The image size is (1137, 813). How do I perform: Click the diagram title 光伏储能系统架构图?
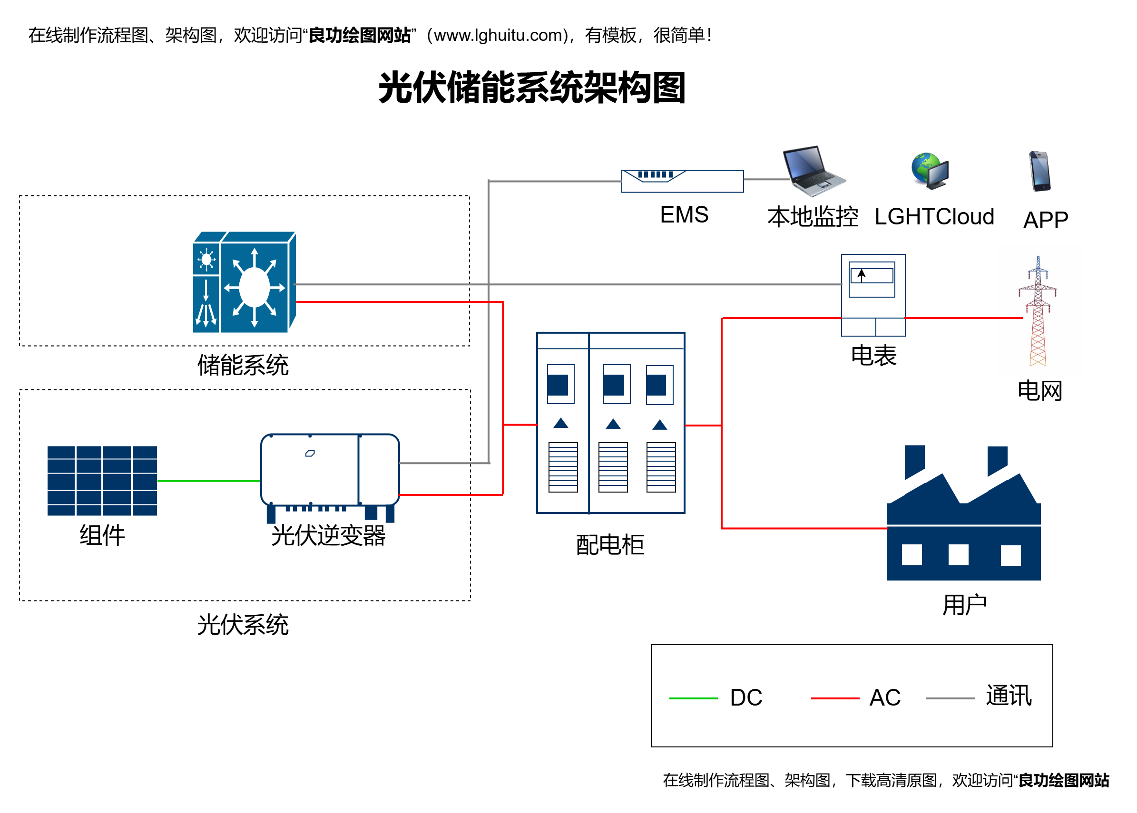pyautogui.click(x=531, y=87)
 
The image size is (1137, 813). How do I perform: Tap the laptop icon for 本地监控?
pyautogui.click(x=814, y=171)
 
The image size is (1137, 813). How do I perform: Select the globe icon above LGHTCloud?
pyautogui.click(x=930, y=171)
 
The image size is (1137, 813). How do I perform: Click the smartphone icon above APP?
pyautogui.click(x=1040, y=171)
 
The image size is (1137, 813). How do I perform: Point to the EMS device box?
pyautogui.click(x=682, y=181)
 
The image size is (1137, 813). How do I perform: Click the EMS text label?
pyautogui.click(x=684, y=215)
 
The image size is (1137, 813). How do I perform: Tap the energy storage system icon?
pyautogui.click(x=245, y=282)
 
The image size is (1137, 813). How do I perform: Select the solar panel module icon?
pyautogui.click(x=102, y=481)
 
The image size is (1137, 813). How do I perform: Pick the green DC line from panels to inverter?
pyautogui.click(x=209, y=481)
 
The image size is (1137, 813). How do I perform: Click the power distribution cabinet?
pyautogui.click(x=610, y=423)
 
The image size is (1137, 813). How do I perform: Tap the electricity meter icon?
pyautogui.click(x=873, y=295)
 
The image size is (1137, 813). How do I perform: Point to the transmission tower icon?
pyautogui.click(x=1038, y=310)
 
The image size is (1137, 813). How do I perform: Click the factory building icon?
pyautogui.click(x=963, y=513)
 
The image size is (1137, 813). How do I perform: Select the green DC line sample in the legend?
pyautogui.click(x=693, y=698)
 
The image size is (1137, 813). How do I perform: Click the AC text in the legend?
pyautogui.click(x=885, y=697)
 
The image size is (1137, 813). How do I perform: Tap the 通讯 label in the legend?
pyautogui.click(x=1009, y=696)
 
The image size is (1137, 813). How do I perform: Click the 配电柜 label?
pyautogui.click(x=610, y=545)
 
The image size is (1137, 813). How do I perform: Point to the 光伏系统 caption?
pyautogui.click(x=243, y=625)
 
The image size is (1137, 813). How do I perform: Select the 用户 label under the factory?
pyautogui.click(x=964, y=605)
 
